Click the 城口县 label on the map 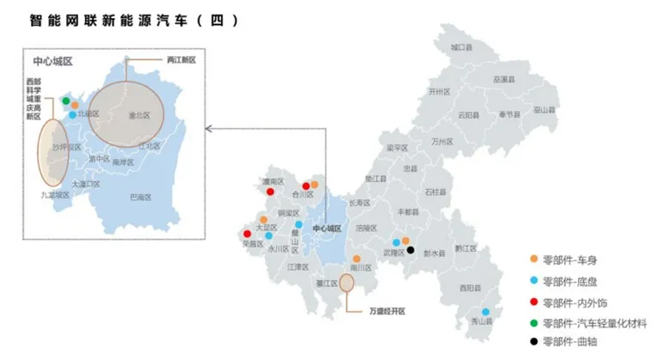(x=461, y=47)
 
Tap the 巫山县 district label (x=543, y=109)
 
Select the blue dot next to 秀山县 (x=485, y=312)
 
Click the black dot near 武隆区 (x=411, y=251)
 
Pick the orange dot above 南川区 (x=357, y=258)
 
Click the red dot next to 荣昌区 (x=247, y=234)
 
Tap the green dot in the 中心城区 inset (x=66, y=101)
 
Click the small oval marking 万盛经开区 (x=347, y=282)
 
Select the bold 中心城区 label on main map (x=327, y=229)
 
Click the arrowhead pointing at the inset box (x=206, y=129)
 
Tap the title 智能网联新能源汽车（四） (x=134, y=19)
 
